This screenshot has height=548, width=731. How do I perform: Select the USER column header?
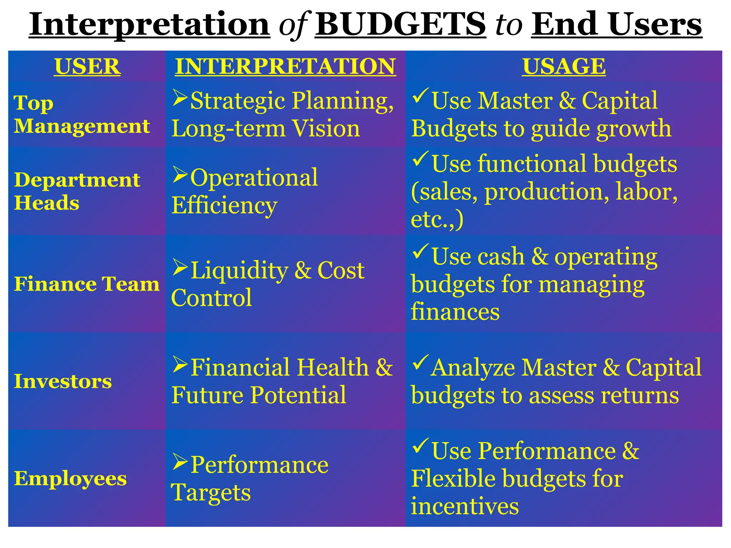[x=87, y=66]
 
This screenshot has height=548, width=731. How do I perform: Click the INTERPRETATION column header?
[x=285, y=66]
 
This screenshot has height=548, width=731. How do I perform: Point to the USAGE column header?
[x=564, y=66]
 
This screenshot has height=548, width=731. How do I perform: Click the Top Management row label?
[x=82, y=114]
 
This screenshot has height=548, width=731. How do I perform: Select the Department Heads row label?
[x=77, y=191]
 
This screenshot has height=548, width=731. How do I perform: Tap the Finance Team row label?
[x=87, y=284]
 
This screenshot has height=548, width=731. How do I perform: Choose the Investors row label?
[x=63, y=381]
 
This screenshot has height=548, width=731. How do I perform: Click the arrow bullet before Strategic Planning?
[x=180, y=98]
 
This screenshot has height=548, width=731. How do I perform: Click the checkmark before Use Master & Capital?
[x=420, y=96]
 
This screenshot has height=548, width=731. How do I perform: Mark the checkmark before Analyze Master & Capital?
[x=420, y=362]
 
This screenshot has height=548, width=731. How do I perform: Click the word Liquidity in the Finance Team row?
[x=239, y=270]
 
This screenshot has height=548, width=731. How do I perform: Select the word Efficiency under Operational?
[x=224, y=205]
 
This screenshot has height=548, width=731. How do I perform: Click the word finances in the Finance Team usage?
[x=455, y=312]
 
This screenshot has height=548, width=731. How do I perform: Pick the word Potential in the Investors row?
[x=298, y=395]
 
